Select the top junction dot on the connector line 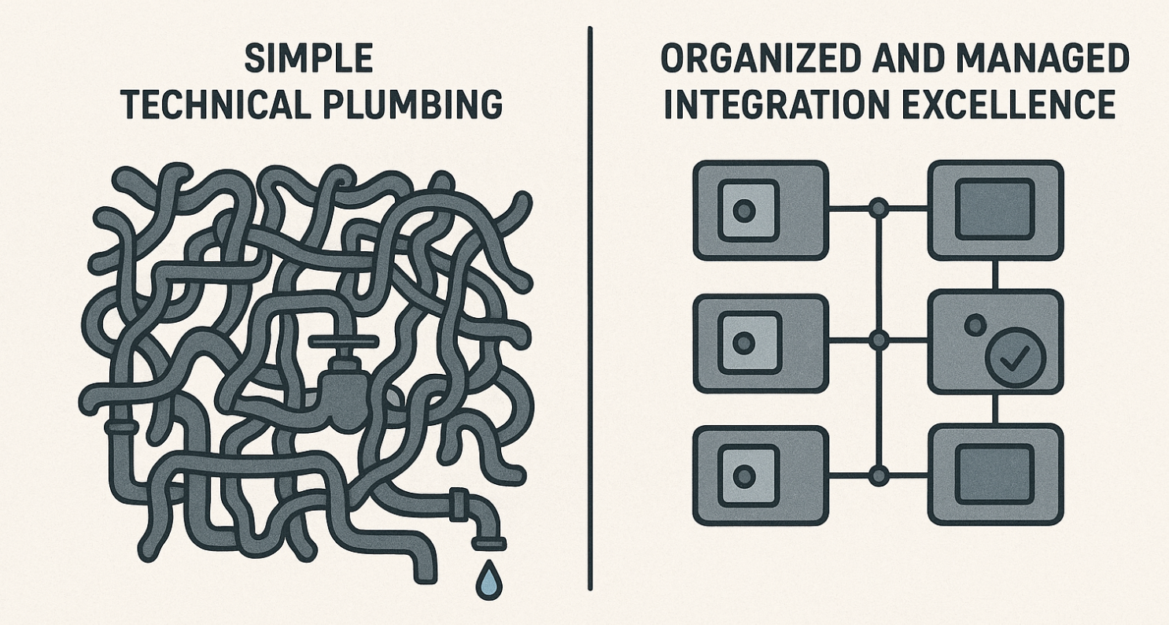878,209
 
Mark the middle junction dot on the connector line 878,342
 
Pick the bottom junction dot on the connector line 878,475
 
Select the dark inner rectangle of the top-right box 994,209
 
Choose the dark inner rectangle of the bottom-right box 994,474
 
